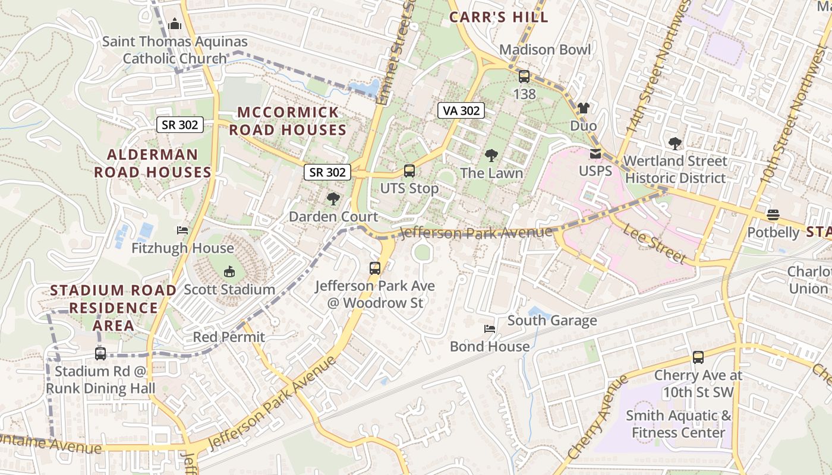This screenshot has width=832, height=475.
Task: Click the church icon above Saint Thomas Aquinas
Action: pyautogui.click(x=174, y=24)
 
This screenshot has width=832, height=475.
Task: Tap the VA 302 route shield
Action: pyautogui.click(x=461, y=110)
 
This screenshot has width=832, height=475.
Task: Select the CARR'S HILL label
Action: pyautogui.click(x=499, y=17)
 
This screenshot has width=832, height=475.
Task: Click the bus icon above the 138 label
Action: pyautogui.click(x=524, y=77)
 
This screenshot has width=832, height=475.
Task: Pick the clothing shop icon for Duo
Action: pyautogui.click(x=583, y=108)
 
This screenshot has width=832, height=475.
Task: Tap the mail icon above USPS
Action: pyautogui.click(x=595, y=154)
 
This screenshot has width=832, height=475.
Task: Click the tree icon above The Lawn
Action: pyautogui.click(x=491, y=156)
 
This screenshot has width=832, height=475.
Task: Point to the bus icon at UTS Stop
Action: pyautogui.click(x=409, y=171)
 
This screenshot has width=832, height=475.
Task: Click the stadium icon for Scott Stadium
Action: pyautogui.click(x=229, y=272)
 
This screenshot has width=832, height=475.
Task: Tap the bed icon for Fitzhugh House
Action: pyautogui.click(x=182, y=230)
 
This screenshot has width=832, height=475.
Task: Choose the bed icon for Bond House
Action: pyautogui.click(x=489, y=329)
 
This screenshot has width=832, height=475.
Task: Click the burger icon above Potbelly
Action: pyautogui.click(x=773, y=214)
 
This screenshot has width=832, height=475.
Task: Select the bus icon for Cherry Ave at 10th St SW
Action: pyautogui.click(x=698, y=357)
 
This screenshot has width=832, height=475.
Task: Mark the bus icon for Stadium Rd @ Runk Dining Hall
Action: pyautogui.click(x=100, y=354)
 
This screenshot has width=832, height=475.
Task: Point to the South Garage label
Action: pyautogui.click(x=551, y=321)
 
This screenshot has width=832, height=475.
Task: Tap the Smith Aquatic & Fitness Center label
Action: pyautogui.click(x=678, y=424)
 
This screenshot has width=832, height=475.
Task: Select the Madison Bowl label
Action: pyautogui.click(x=545, y=49)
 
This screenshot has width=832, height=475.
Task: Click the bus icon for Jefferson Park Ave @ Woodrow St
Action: pyautogui.click(x=374, y=268)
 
